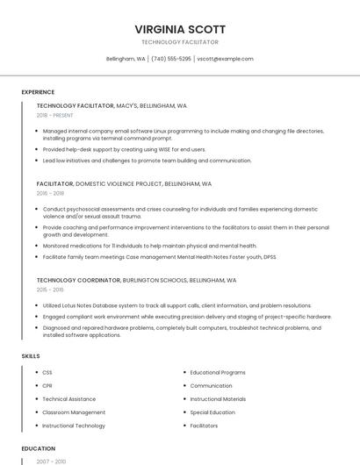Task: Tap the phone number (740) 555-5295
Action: (170, 59)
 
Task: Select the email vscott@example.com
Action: (225, 59)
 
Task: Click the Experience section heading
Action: (38, 92)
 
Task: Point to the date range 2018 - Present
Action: (54, 115)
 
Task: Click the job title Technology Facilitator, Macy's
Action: (112, 105)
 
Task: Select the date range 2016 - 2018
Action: (50, 193)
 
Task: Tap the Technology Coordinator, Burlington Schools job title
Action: (136, 280)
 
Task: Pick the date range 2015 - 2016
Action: (50, 290)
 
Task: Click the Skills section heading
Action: (31, 355)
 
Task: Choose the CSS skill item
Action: (47, 372)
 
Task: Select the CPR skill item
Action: (47, 385)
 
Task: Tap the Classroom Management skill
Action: (74, 411)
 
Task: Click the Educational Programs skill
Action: (218, 372)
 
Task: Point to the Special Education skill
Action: (212, 411)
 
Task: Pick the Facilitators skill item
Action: (204, 425)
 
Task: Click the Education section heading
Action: (38, 448)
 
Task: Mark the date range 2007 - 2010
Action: (50, 461)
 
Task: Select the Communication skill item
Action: (211, 385)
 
